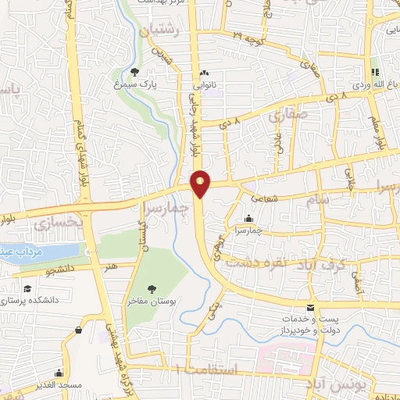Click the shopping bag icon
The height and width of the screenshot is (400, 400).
[x=79, y=330]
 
